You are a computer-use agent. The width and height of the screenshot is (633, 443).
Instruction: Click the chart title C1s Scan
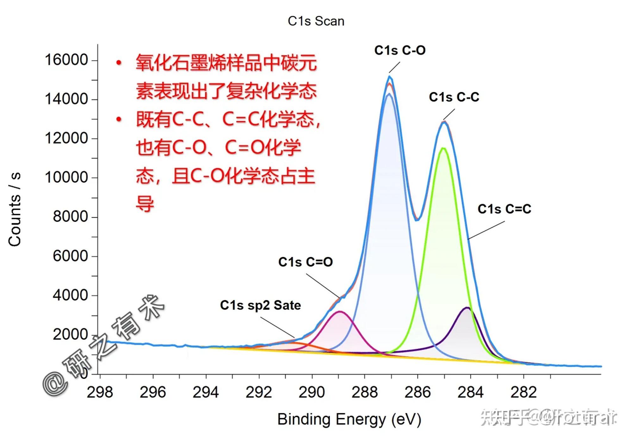point(316,21)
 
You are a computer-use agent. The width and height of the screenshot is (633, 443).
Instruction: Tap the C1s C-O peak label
point(400,50)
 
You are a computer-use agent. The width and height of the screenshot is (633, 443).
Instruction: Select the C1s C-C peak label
point(454,97)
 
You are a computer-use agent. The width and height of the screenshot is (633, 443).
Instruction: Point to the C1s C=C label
point(504,209)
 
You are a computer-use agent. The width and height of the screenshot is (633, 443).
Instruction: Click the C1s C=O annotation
point(305,262)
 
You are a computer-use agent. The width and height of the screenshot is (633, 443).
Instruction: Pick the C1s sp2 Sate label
point(260,306)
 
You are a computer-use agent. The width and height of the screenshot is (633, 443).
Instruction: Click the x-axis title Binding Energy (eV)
point(349,419)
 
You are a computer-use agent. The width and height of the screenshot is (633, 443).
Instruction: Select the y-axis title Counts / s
point(15,209)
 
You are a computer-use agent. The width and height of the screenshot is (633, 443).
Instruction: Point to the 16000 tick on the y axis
point(66,60)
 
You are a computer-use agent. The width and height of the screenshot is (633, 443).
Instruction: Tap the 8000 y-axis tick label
point(70,217)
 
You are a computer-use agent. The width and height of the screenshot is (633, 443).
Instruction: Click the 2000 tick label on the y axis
point(70,335)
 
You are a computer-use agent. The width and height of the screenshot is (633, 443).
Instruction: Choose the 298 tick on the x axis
point(100,393)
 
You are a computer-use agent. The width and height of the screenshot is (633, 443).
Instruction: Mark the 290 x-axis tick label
point(312,393)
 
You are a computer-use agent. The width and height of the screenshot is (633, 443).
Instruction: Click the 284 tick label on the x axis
point(471,393)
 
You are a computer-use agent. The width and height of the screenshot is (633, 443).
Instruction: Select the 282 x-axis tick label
point(523,393)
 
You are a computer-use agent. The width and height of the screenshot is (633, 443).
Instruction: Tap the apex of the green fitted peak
point(443,148)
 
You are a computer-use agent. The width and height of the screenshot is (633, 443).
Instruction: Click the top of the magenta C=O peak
point(340,312)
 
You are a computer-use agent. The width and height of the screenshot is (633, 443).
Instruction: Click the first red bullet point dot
point(119,63)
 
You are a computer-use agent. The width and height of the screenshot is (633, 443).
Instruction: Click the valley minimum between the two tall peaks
point(417,219)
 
